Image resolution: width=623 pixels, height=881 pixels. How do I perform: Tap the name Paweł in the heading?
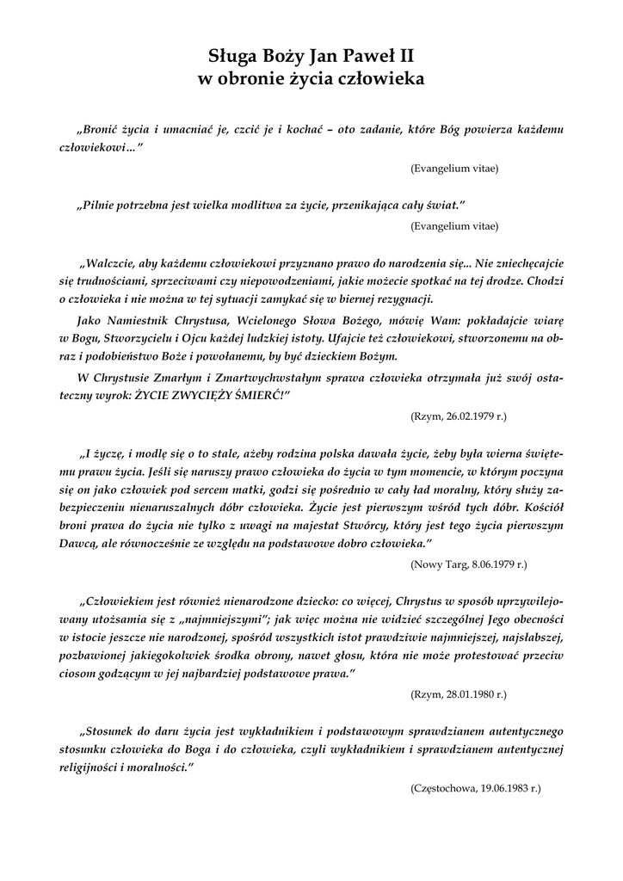coord(365,58)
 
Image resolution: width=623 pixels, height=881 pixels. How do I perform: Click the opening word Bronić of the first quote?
coord(104,130)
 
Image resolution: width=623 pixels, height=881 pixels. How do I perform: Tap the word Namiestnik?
coord(140,319)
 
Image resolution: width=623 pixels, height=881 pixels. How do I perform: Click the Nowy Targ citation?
coord(469,564)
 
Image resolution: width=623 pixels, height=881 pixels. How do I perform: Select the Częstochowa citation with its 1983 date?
coord(477,788)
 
